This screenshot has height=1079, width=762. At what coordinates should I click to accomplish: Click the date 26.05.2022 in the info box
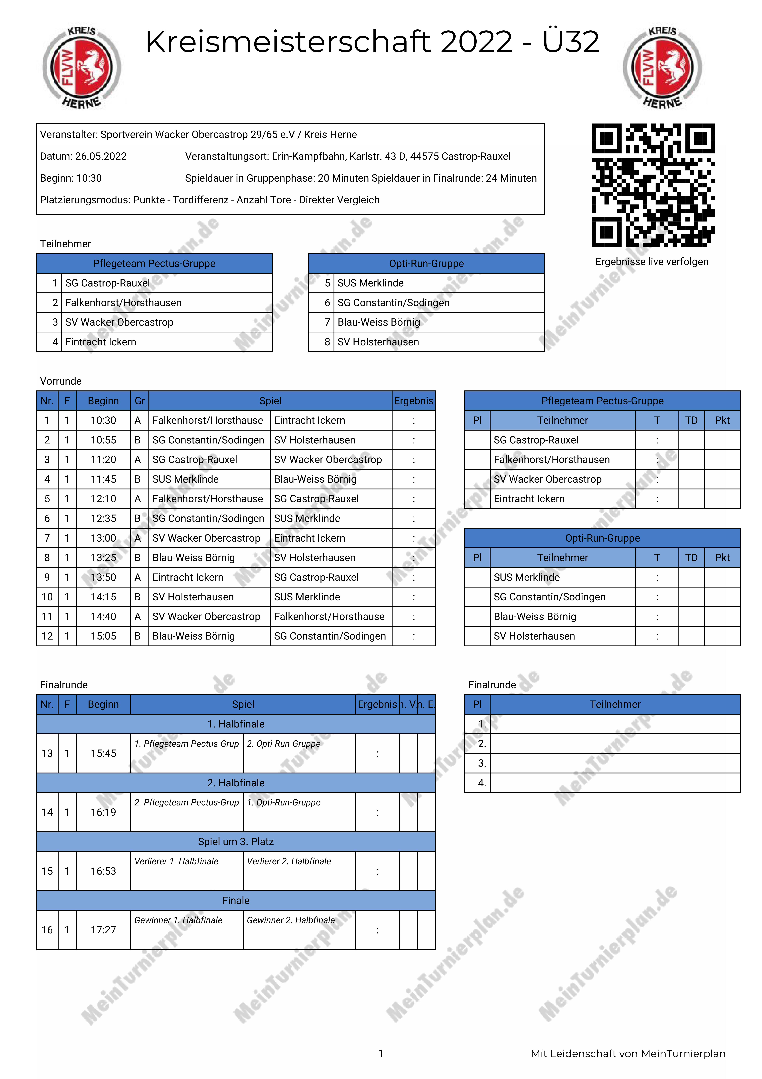point(101,157)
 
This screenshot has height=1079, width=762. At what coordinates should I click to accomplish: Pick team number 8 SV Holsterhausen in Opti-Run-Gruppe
point(378,342)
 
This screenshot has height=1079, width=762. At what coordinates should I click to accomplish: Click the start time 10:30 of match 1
point(103,421)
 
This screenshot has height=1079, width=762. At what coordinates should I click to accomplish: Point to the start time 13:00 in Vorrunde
point(103,538)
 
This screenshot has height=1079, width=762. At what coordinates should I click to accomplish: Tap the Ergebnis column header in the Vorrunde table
point(413,401)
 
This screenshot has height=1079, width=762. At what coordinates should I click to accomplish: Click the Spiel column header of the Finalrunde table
point(243,704)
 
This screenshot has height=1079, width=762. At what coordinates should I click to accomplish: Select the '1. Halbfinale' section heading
point(236,724)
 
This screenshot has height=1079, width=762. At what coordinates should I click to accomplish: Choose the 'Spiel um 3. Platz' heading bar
point(236,842)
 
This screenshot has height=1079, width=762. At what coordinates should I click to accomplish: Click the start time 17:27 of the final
point(103,930)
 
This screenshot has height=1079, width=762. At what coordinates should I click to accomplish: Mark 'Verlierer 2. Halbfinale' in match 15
point(289,861)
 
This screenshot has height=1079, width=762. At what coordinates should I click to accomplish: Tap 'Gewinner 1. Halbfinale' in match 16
point(179,920)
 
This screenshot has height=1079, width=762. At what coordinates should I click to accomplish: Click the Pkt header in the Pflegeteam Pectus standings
point(722,421)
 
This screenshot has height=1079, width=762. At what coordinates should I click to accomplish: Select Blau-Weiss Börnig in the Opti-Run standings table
point(535,617)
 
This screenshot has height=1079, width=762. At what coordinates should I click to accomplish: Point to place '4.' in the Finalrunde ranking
point(482,783)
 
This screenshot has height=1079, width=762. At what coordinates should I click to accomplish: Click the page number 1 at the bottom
point(381,1054)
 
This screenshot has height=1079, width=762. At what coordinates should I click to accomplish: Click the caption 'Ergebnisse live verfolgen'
point(652,262)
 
